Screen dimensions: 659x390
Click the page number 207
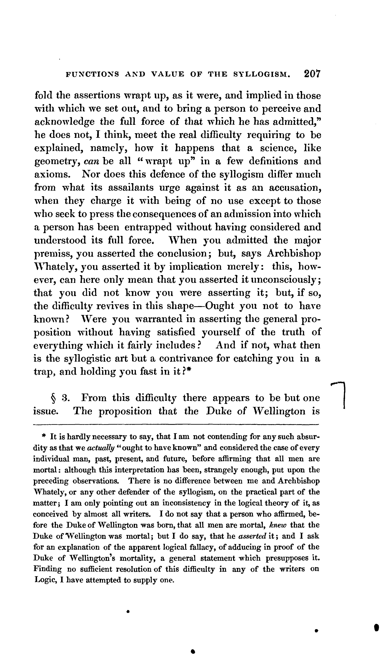pyautogui.click(x=312, y=74)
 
